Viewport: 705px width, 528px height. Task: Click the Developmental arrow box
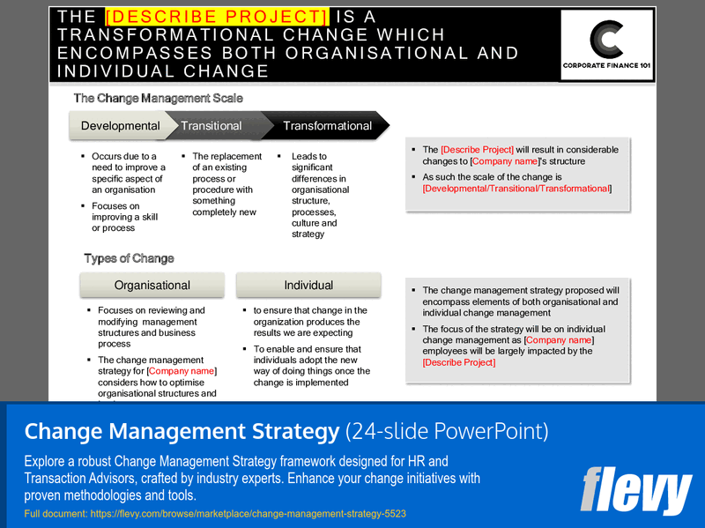tap(120, 126)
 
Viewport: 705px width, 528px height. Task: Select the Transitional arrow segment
tap(211, 126)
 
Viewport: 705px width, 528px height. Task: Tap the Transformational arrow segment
tap(327, 126)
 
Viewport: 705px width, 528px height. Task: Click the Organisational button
tap(152, 285)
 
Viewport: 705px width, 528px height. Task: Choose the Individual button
tap(308, 285)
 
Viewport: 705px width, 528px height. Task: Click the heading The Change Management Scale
tap(158, 99)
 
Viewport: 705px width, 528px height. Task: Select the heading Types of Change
tap(129, 258)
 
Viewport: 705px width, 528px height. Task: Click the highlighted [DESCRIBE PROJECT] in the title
tap(216, 17)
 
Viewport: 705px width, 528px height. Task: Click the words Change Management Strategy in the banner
tap(181, 431)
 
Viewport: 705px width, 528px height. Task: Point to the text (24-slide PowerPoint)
tap(447, 431)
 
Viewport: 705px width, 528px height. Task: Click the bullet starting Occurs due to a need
tap(129, 173)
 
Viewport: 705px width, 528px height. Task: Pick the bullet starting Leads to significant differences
tap(320, 195)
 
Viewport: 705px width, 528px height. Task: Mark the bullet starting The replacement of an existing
tap(227, 183)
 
